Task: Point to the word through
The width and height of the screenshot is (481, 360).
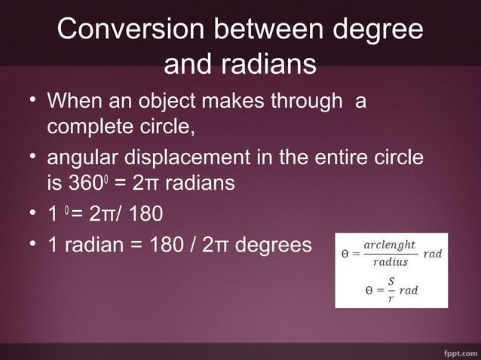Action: point(302,99)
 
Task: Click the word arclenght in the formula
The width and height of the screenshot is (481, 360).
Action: point(389,246)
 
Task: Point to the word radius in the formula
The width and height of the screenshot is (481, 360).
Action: point(391,262)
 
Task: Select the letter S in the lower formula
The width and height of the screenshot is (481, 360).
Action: point(391,282)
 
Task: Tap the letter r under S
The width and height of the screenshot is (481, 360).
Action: point(390,298)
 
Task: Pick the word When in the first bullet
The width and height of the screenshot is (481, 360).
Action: point(72,99)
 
